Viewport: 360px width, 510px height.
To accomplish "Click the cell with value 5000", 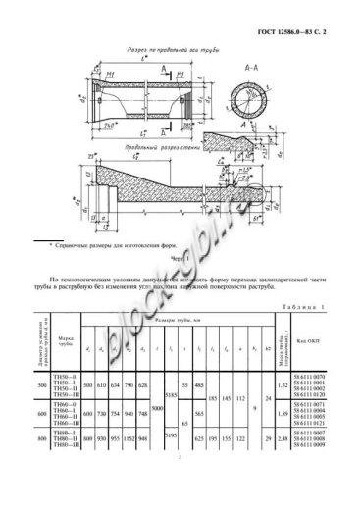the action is click(x=158, y=408).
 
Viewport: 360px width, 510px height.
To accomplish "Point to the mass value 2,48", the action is click(x=283, y=440).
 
